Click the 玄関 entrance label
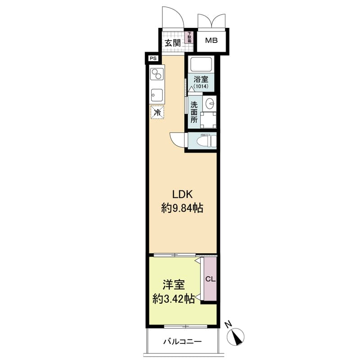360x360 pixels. point(173,43)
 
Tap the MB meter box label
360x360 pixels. point(211,40)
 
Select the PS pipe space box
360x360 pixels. point(153,58)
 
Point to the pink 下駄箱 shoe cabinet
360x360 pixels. point(189,37)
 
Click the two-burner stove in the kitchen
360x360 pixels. point(157,74)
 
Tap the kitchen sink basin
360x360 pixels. point(157,95)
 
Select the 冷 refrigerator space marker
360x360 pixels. point(157,112)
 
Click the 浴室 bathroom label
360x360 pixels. point(201,79)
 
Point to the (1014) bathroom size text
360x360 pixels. point(201,86)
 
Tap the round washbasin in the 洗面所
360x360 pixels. point(210,103)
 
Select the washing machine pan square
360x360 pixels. point(208,120)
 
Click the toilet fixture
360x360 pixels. point(207,140)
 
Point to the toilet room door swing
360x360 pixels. point(177,139)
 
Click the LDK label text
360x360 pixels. point(182,194)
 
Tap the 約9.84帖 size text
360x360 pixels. point(182,208)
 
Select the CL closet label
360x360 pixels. point(210,279)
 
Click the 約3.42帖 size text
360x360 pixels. point(174,299)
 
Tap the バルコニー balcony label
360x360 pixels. point(183,342)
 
